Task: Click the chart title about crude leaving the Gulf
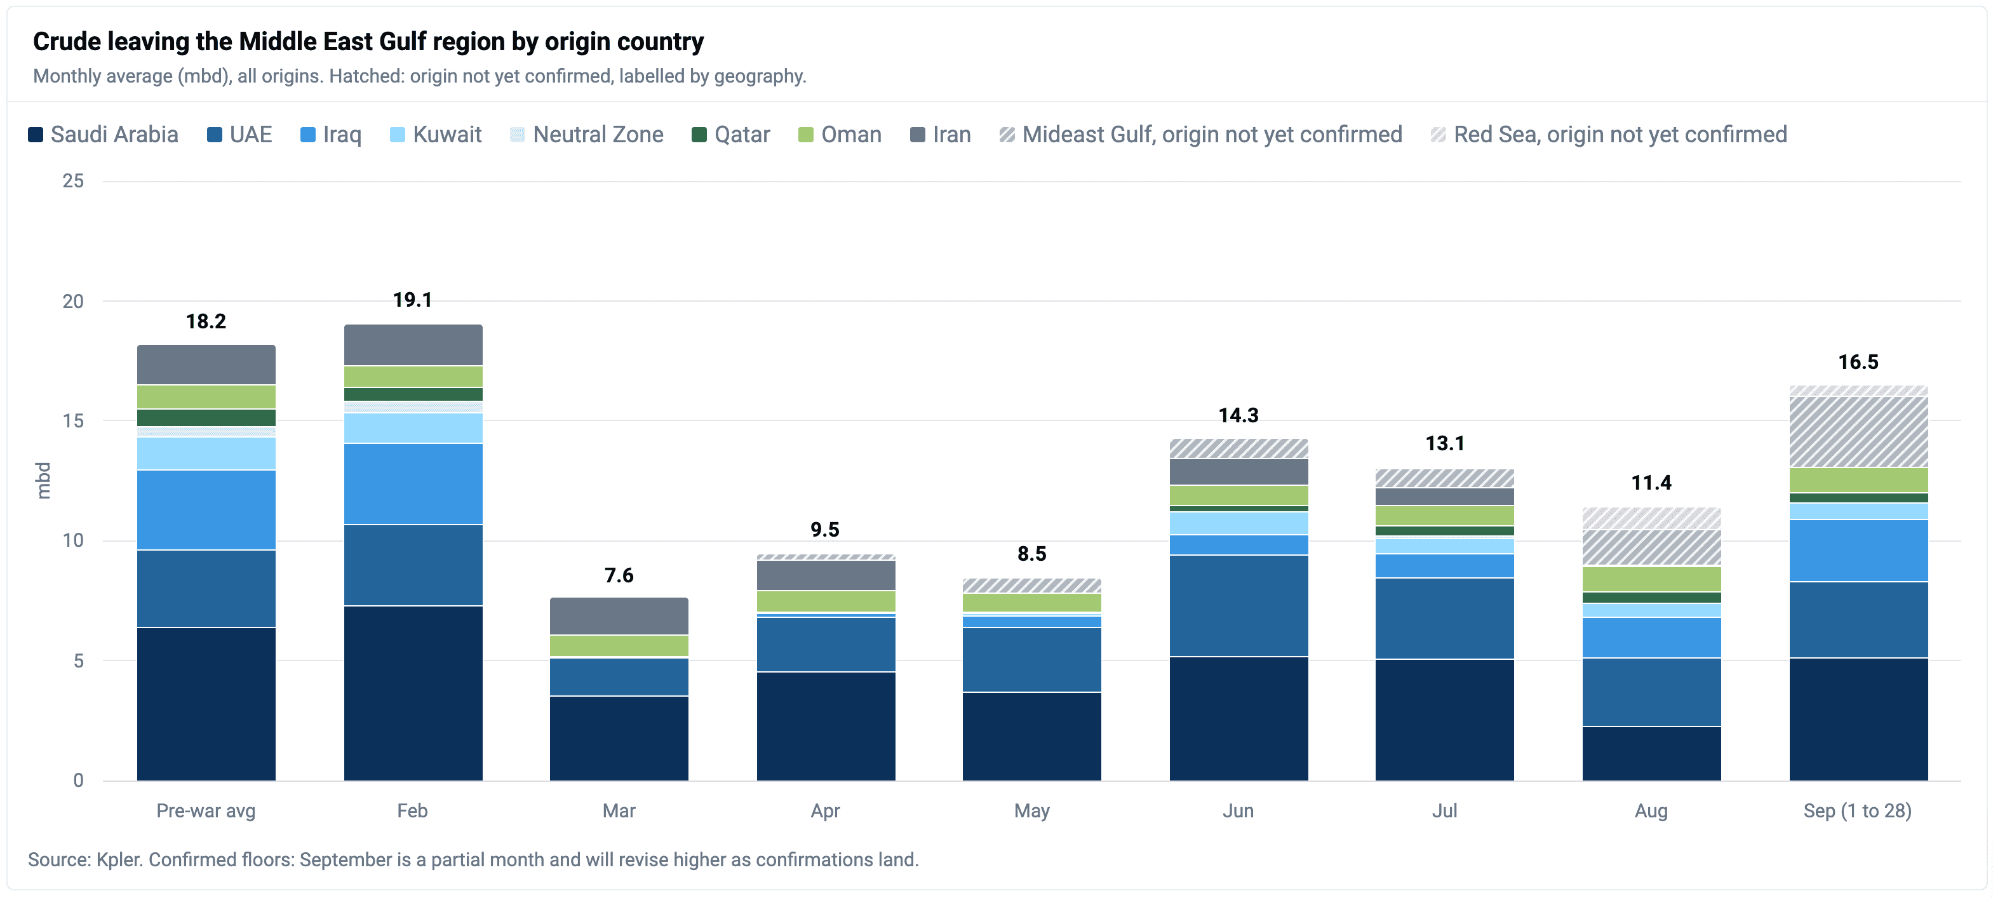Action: (x=368, y=42)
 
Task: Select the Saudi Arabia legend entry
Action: (x=103, y=135)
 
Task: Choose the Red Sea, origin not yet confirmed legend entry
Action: (x=1609, y=135)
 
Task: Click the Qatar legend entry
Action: (x=730, y=135)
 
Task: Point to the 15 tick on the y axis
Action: (x=74, y=421)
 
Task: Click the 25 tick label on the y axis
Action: (x=74, y=181)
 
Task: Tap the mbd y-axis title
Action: (x=43, y=480)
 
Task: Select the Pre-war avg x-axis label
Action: (x=206, y=810)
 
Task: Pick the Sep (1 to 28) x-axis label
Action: (x=1858, y=810)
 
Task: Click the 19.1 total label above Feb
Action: (x=412, y=300)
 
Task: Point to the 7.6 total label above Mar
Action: (x=619, y=575)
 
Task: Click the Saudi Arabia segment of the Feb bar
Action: (x=413, y=693)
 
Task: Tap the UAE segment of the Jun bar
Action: (x=1238, y=606)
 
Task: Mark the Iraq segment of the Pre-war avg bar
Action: (x=206, y=510)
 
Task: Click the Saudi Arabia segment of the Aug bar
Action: (x=1652, y=753)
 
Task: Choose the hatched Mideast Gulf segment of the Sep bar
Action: (x=1858, y=432)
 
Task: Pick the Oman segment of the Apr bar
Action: (x=826, y=601)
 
